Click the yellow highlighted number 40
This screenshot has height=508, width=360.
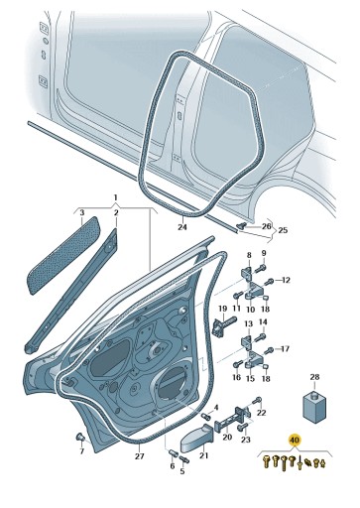(x=294, y=438)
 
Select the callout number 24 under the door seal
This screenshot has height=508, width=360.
(x=181, y=227)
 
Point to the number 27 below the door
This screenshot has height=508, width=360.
(x=140, y=455)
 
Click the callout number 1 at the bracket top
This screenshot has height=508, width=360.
(x=115, y=197)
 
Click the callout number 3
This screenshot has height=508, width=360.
(x=82, y=213)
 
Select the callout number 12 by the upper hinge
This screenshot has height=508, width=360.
(x=285, y=281)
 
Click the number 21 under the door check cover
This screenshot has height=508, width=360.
(x=204, y=455)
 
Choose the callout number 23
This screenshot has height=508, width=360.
(x=246, y=439)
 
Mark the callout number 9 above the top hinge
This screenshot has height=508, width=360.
(x=265, y=254)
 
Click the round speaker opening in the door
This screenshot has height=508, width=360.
(x=174, y=382)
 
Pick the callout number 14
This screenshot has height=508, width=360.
(x=264, y=321)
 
